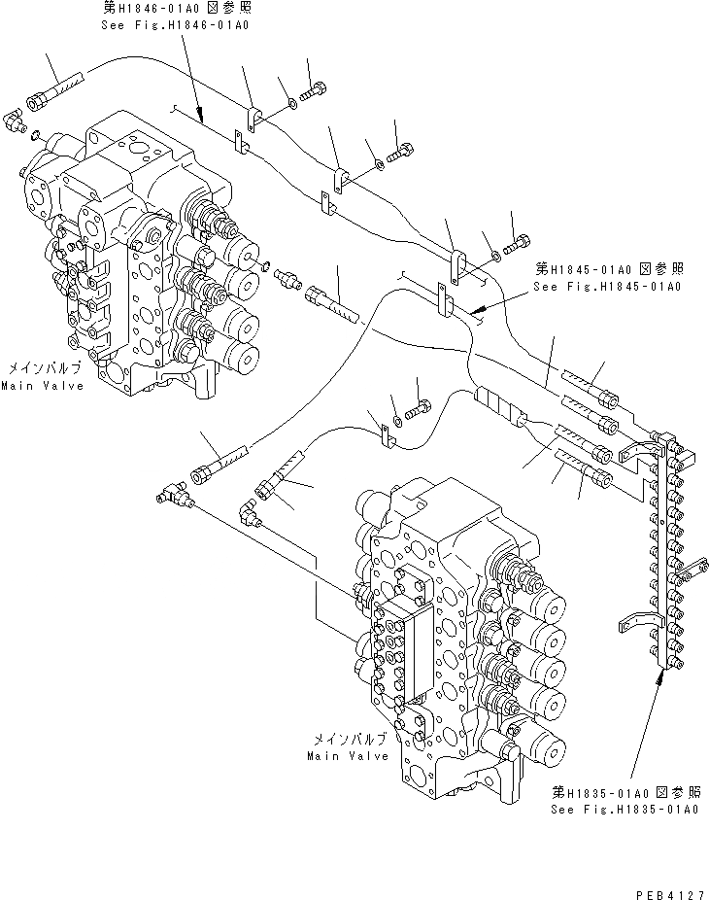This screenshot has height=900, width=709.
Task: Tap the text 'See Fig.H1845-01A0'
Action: tap(606, 287)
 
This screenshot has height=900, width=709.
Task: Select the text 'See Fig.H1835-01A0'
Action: tap(623, 809)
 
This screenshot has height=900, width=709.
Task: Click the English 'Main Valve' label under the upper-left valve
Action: tap(42, 386)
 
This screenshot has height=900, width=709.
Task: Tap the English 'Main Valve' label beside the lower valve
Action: tap(348, 755)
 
